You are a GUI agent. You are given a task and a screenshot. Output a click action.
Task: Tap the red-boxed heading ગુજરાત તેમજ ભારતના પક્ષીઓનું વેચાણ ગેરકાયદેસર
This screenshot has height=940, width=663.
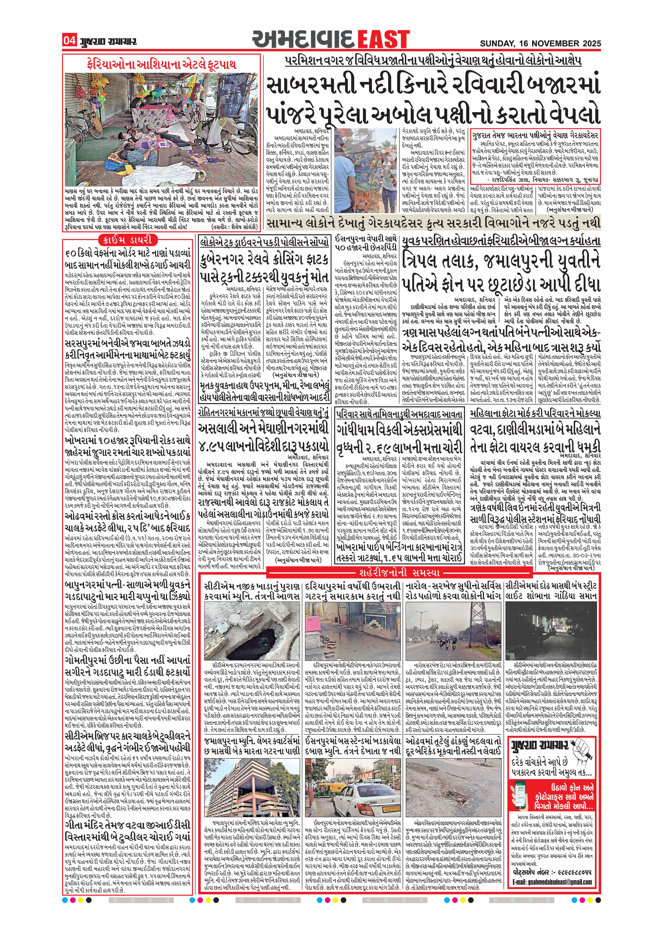pyautogui.click(x=535, y=135)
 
